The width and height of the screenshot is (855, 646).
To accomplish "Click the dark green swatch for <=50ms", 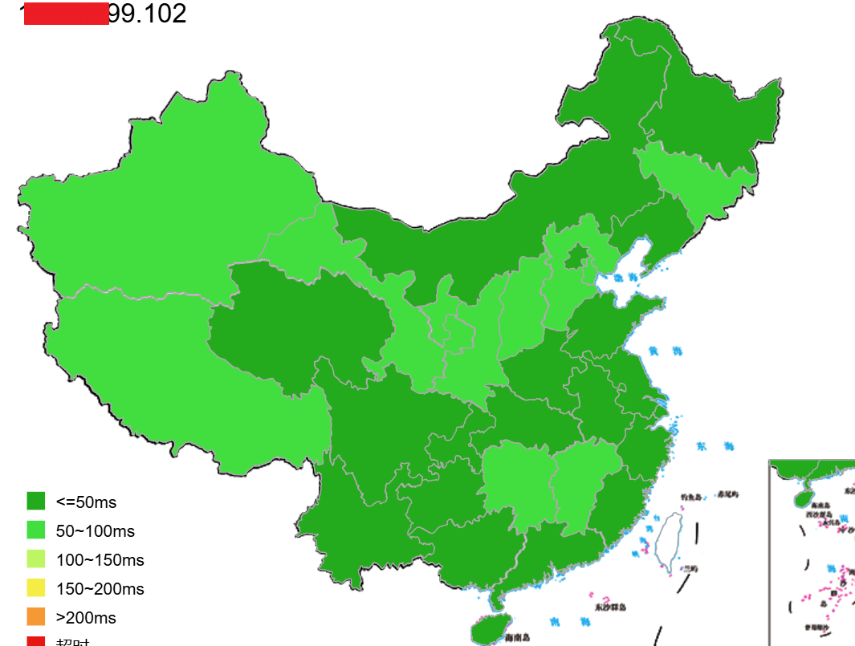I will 36,502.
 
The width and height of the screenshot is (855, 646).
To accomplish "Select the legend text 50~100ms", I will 95,531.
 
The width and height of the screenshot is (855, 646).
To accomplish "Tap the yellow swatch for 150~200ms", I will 36,588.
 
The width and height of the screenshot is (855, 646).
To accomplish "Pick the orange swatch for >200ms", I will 36,617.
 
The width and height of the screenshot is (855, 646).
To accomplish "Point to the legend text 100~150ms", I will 100,560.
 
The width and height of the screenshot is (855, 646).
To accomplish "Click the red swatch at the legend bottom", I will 36,641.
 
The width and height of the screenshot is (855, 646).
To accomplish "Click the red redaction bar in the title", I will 66,14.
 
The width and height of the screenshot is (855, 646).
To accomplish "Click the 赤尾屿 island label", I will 727,494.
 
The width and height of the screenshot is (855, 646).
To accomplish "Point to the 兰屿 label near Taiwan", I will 690,568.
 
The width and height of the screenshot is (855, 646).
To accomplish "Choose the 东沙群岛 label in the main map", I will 610,607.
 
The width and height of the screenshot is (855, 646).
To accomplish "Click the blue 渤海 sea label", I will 625,278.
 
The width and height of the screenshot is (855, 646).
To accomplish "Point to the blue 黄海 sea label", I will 665,351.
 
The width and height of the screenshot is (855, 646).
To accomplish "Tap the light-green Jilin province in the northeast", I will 690,181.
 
